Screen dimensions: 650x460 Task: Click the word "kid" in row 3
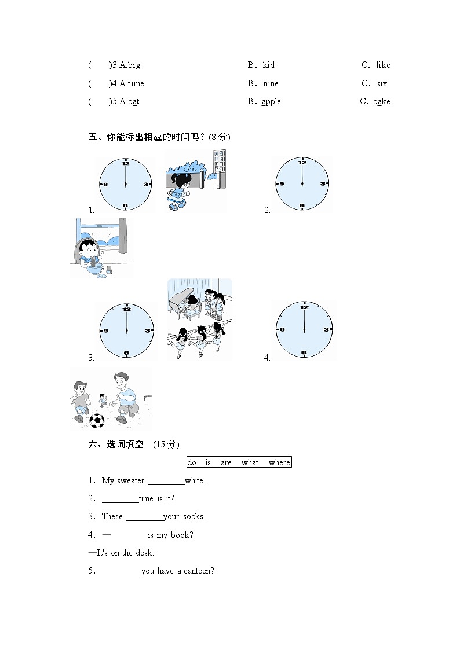pos(268,65)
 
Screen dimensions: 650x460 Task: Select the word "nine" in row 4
pos(271,84)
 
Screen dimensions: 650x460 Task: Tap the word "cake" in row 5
pos(382,102)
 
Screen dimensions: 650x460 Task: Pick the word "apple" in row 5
pos(271,102)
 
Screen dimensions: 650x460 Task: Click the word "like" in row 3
pos(383,65)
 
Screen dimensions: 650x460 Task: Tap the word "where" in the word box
pos(279,462)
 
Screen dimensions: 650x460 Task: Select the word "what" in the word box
pos(250,462)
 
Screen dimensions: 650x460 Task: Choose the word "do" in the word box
pos(192,462)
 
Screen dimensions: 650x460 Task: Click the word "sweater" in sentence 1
pos(130,480)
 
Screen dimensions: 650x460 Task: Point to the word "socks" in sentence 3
pos(194,517)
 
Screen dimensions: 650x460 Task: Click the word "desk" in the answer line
pos(144,553)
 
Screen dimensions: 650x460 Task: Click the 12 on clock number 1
pos(125,163)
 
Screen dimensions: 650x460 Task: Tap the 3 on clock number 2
pos(323,183)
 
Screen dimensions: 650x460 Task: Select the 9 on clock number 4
pos(282,329)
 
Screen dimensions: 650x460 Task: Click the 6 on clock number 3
pos(126,352)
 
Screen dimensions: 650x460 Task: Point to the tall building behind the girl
pos(219,168)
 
